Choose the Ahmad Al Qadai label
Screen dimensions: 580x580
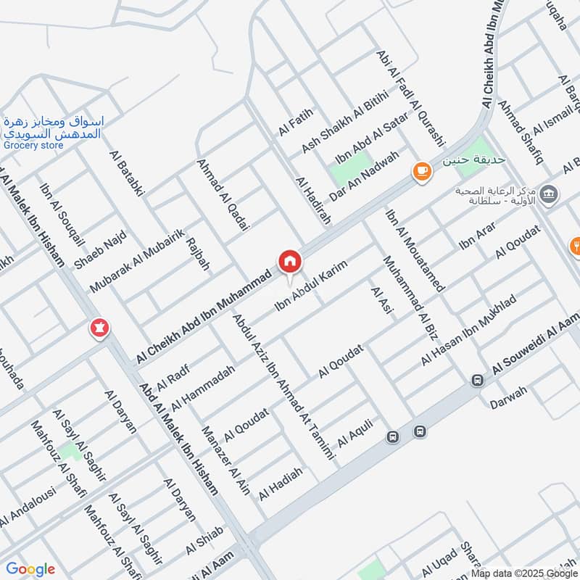(x=223, y=196)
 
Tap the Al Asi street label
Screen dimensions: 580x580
(x=380, y=302)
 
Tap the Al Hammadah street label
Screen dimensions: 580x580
(x=204, y=389)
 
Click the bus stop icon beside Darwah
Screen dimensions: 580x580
(x=477, y=380)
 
